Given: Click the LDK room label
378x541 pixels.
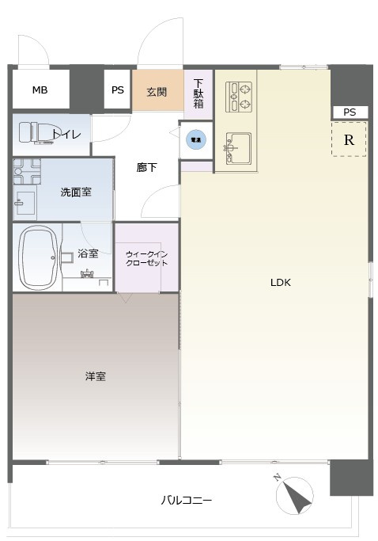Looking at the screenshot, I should tap(281, 282).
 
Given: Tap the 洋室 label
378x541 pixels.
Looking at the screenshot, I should tap(96, 375).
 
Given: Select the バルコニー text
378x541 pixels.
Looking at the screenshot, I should tap(187, 500).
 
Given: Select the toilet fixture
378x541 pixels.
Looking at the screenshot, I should tap(36, 133).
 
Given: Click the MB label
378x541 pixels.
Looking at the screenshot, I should tap(40, 90).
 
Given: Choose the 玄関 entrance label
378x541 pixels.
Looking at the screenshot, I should tap(157, 91).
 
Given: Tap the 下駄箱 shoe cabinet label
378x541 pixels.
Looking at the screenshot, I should tap(198, 93).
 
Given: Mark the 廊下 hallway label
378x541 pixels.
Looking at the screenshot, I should tap(146, 167).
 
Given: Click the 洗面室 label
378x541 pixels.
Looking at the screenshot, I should tap(77, 191).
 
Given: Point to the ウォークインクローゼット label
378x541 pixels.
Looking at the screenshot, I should tap(146, 258).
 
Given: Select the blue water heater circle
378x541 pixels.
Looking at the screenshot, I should tap(195, 139).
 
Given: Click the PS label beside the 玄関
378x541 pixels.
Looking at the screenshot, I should tap(117, 90).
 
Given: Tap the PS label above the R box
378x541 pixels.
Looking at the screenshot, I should tap(350, 112).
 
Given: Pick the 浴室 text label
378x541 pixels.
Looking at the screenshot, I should tap(88, 253).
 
